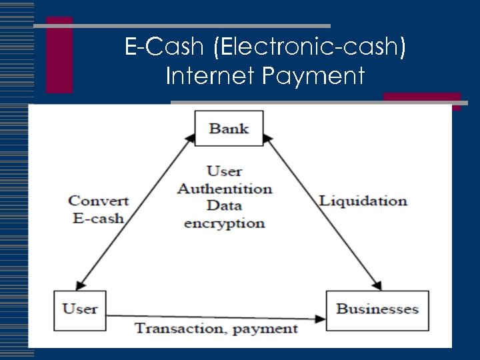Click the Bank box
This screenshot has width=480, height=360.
coord(229,128)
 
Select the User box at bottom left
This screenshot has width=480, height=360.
coord(80,309)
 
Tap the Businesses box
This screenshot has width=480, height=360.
coord(377,309)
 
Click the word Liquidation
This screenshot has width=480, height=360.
coord(363,201)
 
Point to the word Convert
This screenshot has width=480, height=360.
coord(99,200)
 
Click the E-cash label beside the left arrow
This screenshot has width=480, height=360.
coord(99,218)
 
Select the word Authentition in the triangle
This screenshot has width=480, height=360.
coord(225,189)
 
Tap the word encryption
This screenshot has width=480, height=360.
coord(225,223)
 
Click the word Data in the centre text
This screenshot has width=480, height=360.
coord(224,205)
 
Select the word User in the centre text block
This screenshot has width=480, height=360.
coord(224,171)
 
